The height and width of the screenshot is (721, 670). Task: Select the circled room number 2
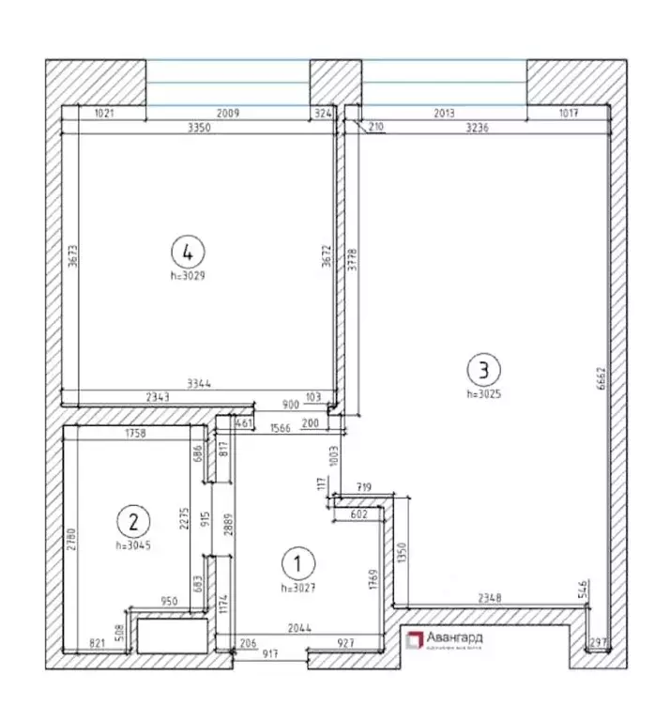coord(133,519)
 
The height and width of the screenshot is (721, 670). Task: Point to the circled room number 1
coord(297,563)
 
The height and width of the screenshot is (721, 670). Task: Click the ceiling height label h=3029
coord(189,276)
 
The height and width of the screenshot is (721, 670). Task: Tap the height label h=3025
coord(484,394)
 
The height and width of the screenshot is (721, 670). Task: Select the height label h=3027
coord(297,588)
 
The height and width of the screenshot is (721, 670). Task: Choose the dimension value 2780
coord(71,538)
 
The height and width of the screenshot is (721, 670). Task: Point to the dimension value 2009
coord(227,115)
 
